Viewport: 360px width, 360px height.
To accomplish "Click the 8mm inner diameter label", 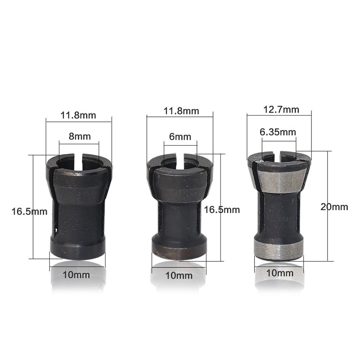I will [79, 136].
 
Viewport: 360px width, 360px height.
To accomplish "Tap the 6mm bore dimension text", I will [180, 137].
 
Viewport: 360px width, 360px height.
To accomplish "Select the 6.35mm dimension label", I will [278, 132].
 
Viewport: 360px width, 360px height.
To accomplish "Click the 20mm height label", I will [334, 206].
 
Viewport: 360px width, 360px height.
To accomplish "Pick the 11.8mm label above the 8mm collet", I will [78, 115].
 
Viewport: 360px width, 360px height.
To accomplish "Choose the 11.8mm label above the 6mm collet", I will [181, 110].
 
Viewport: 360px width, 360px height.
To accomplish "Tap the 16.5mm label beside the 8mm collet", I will [29, 211].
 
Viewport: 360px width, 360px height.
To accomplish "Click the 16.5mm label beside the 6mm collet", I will [222, 210].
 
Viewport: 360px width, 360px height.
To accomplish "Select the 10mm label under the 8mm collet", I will [77, 275].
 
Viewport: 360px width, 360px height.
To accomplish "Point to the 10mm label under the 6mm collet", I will [179, 276].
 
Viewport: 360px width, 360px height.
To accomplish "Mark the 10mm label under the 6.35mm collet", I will [280, 273].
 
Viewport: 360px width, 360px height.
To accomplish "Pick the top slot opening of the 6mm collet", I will [180, 160].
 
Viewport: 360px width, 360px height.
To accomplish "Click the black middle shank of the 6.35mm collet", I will [279, 214].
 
